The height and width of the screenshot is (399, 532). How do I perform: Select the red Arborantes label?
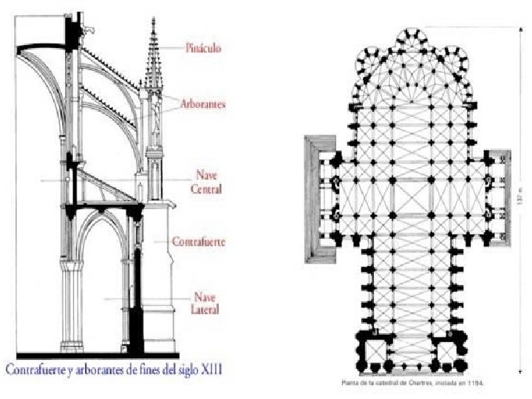[203, 105]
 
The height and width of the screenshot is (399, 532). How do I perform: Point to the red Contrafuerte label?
[199, 241]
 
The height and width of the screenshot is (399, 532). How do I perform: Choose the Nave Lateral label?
[207, 303]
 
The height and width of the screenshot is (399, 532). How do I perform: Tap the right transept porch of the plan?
[499, 188]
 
